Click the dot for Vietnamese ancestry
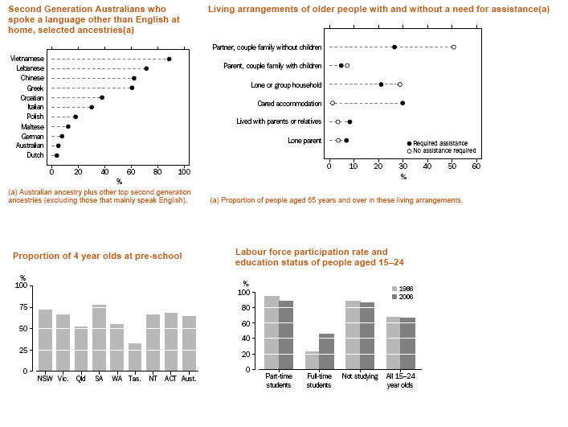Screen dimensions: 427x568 click(x=169, y=59)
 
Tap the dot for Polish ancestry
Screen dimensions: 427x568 click(x=76, y=117)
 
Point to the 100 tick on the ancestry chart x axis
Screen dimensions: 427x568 click(x=184, y=171)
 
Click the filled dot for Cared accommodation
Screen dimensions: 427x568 click(x=403, y=103)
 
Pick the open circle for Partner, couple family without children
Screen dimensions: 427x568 click(x=454, y=47)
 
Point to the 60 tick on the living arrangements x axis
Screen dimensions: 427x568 click(x=476, y=166)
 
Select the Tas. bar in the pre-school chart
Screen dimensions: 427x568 click(x=136, y=357)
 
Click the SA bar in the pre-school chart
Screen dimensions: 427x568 click(x=100, y=338)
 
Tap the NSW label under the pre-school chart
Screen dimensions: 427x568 click(x=46, y=379)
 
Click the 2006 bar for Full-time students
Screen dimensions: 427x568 click(x=326, y=352)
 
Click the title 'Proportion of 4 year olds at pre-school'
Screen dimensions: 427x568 click(x=97, y=257)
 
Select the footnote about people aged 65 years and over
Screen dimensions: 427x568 click(x=336, y=200)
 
